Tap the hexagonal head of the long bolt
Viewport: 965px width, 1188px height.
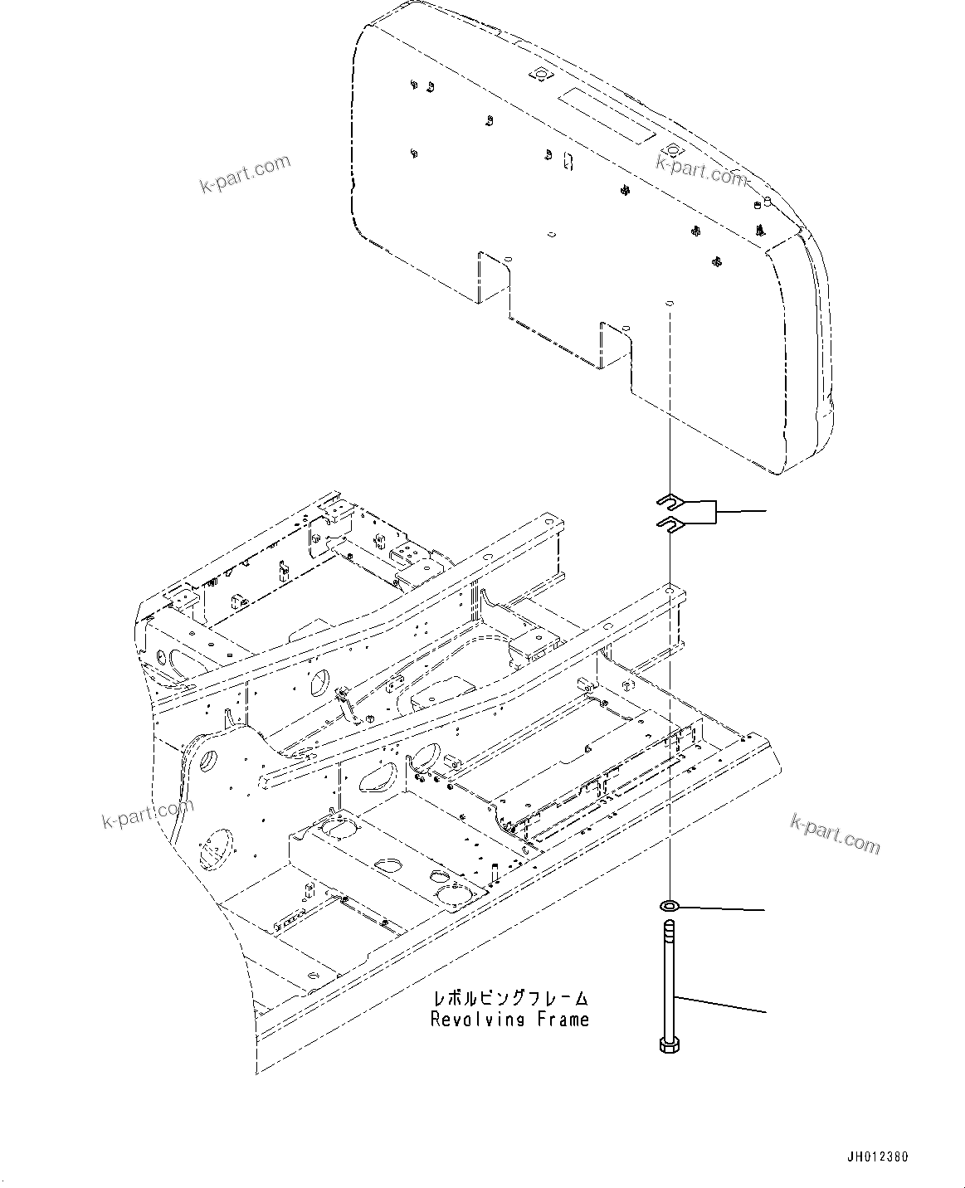668,1044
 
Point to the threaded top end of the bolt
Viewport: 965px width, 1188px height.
669,930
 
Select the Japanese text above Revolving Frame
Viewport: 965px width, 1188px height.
509,998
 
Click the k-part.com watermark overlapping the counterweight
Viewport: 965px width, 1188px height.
702,172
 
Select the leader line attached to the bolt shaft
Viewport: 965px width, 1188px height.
722,1005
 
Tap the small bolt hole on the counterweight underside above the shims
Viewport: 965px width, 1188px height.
668,304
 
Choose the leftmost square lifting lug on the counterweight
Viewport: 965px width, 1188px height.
540,75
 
